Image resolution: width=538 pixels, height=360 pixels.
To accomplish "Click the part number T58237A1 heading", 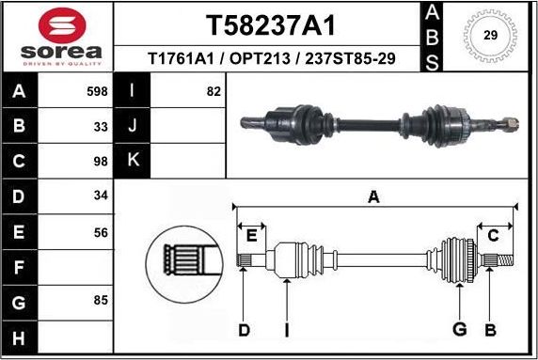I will (x=270, y=24).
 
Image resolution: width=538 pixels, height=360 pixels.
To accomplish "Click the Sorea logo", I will (x=57, y=38).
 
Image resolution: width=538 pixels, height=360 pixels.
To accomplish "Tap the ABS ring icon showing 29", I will (x=489, y=37).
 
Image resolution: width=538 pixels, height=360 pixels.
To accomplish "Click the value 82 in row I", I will (x=213, y=91).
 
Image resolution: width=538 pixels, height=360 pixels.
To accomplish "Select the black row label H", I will (x=20, y=336).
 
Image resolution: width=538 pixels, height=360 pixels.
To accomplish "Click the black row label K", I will (x=133, y=161).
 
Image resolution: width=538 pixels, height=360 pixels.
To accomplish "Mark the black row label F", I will (x=20, y=266).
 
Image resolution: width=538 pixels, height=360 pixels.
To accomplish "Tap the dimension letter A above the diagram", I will (x=374, y=196).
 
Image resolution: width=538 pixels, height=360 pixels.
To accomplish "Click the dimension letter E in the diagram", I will (x=251, y=234).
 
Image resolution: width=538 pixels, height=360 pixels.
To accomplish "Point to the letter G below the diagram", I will (x=460, y=329).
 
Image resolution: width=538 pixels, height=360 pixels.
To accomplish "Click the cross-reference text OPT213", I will (x=260, y=58).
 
